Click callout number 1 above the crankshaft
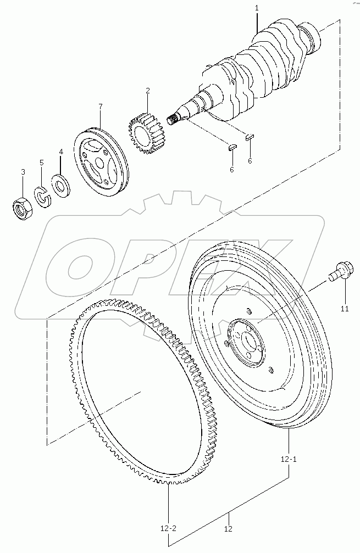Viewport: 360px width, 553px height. (x=257, y=8)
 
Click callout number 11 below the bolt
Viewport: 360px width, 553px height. (x=345, y=310)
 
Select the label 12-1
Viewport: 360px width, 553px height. (x=289, y=459)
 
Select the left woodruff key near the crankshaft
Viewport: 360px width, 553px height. (x=232, y=147)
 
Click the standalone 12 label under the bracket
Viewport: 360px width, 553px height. (x=228, y=529)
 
